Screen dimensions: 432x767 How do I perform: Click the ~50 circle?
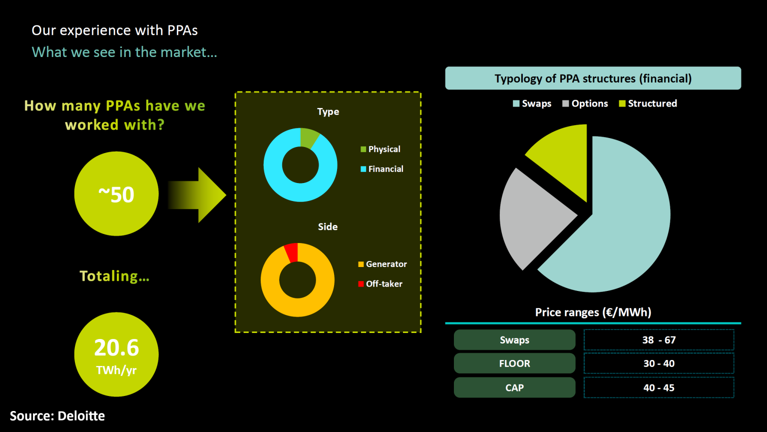pos(116,194)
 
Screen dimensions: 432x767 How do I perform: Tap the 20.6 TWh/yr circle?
pos(116,354)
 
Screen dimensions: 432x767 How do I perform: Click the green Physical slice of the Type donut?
pos(308,137)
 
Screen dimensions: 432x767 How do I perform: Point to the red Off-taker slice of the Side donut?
pos(292,252)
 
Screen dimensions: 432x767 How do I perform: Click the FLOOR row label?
pos(514,363)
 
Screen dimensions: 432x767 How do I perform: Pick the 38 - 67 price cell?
pos(659,340)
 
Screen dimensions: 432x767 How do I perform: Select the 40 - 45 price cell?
pos(659,387)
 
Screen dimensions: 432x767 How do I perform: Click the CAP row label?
pos(514,387)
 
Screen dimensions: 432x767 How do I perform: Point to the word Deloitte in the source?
pos(81,416)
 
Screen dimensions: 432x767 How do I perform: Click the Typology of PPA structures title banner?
pos(593,78)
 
